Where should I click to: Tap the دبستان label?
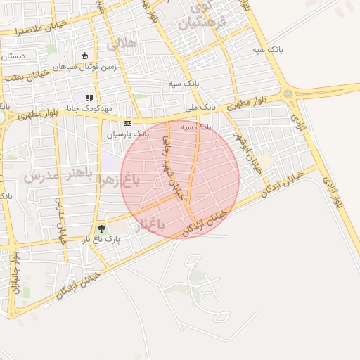pos(13,56)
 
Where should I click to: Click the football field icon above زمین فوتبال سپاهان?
pos(85,56)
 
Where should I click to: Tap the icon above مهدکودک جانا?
pos(89,98)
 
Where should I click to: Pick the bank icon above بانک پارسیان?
pos(127,123)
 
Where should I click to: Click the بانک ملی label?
pos(200,108)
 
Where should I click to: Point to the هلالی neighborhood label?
pos(121,44)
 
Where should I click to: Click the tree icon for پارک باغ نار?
pos(101,229)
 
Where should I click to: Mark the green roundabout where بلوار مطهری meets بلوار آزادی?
pos(288,94)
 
